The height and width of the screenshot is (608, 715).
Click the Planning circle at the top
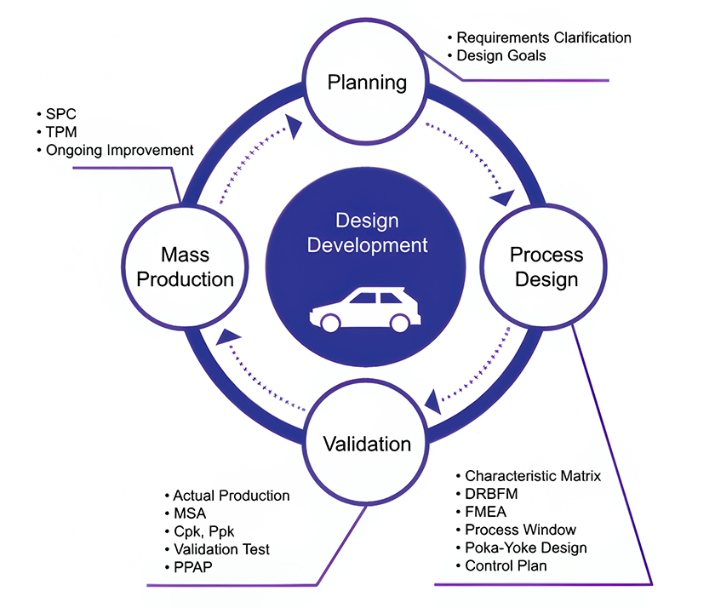coord(367,83)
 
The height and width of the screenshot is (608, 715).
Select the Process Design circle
coord(546,267)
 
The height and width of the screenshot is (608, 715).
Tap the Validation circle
coord(367,444)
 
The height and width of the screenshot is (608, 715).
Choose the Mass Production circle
coord(186,267)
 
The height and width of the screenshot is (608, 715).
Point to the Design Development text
coord(367,233)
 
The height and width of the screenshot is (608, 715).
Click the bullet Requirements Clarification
coord(543,37)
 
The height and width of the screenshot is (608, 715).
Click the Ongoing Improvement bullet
coord(118,150)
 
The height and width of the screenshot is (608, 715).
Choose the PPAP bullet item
coord(191,567)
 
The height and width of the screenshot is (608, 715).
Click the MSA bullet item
coord(189,513)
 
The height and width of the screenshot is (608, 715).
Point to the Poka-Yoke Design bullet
coord(525,548)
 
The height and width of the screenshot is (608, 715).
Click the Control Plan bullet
coord(506,565)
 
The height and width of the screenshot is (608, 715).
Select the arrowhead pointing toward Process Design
coord(502,198)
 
